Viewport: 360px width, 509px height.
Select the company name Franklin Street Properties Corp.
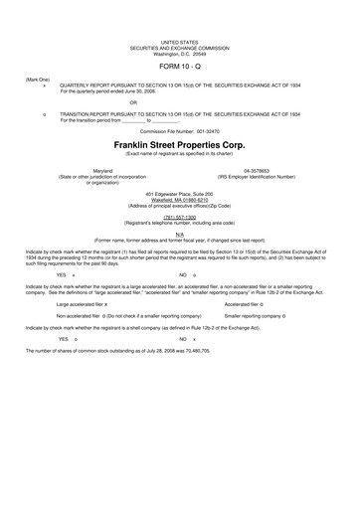pyautogui.click(x=179, y=143)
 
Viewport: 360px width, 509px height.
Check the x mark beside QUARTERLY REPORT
pyautogui.click(x=45, y=85)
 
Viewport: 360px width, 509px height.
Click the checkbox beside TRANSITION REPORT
pyautogui.click(x=45, y=114)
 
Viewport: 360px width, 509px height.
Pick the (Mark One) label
pyautogui.click(x=38, y=78)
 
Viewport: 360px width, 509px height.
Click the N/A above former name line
pyautogui.click(x=179, y=234)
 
